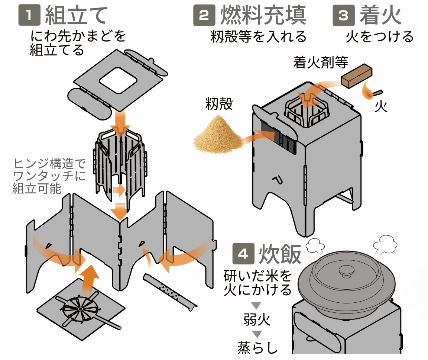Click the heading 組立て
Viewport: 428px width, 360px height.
tap(77, 16)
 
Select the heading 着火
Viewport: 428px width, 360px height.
tap(380, 16)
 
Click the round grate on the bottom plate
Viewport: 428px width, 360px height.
tap(80, 309)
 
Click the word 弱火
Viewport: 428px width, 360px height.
tap(257, 319)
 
